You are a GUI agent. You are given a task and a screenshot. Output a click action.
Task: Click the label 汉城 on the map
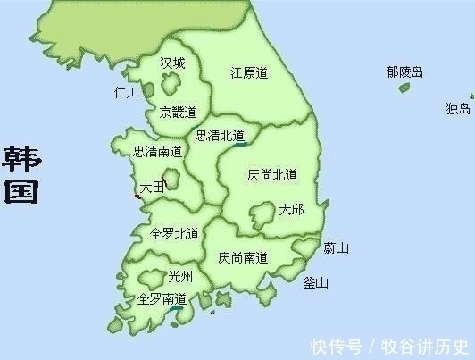pyautogui.click(x=172, y=63)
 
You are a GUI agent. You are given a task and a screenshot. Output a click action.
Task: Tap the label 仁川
pyautogui.click(x=127, y=92)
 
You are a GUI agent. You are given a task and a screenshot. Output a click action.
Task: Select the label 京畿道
pyautogui.click(x=177, y=112)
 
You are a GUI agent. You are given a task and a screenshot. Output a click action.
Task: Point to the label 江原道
pyautogui.click(x=249, y=73)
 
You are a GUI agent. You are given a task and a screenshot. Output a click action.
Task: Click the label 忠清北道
pyautogui.click(x=220, y=136)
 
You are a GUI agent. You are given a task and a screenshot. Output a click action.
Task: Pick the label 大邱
pyautogui.click(x=291, y=210)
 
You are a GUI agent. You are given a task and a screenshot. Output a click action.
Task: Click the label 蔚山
pyautogui.click(x=337, y=247)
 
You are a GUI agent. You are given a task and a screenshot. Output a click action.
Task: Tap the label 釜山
pyautogui.click(x=316, y=283)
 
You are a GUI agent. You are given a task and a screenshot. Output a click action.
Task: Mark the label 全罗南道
pyautogui.click(x=162, y=299)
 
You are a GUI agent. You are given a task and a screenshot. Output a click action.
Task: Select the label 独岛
pyautogui.click(x=458, y=109)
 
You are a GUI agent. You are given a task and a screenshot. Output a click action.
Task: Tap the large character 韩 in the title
pyautogui.click(x=21, y=157)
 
